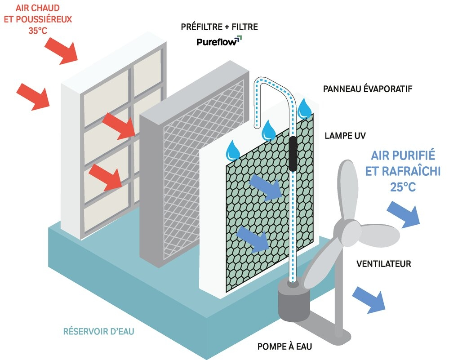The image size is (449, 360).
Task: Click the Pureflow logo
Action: (x=219, y=41)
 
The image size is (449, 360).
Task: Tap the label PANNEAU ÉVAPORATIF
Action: (x=368, y=89)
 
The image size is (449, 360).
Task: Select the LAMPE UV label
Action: (x=345, y=135)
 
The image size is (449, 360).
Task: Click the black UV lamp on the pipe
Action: (x=293, y=154)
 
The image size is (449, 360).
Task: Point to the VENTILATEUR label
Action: (x=384, y=263)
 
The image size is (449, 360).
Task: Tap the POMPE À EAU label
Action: (x=285, y=346)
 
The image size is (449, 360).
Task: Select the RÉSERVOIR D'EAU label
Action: (x=98, y=331)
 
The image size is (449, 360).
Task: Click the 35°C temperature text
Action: (x=37, y=31)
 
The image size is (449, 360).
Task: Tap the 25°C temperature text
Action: (x=403, y=187)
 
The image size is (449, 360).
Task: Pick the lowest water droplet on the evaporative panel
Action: (x=232, y=150)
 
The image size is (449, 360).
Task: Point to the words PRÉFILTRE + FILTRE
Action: (x=219, y=27)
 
